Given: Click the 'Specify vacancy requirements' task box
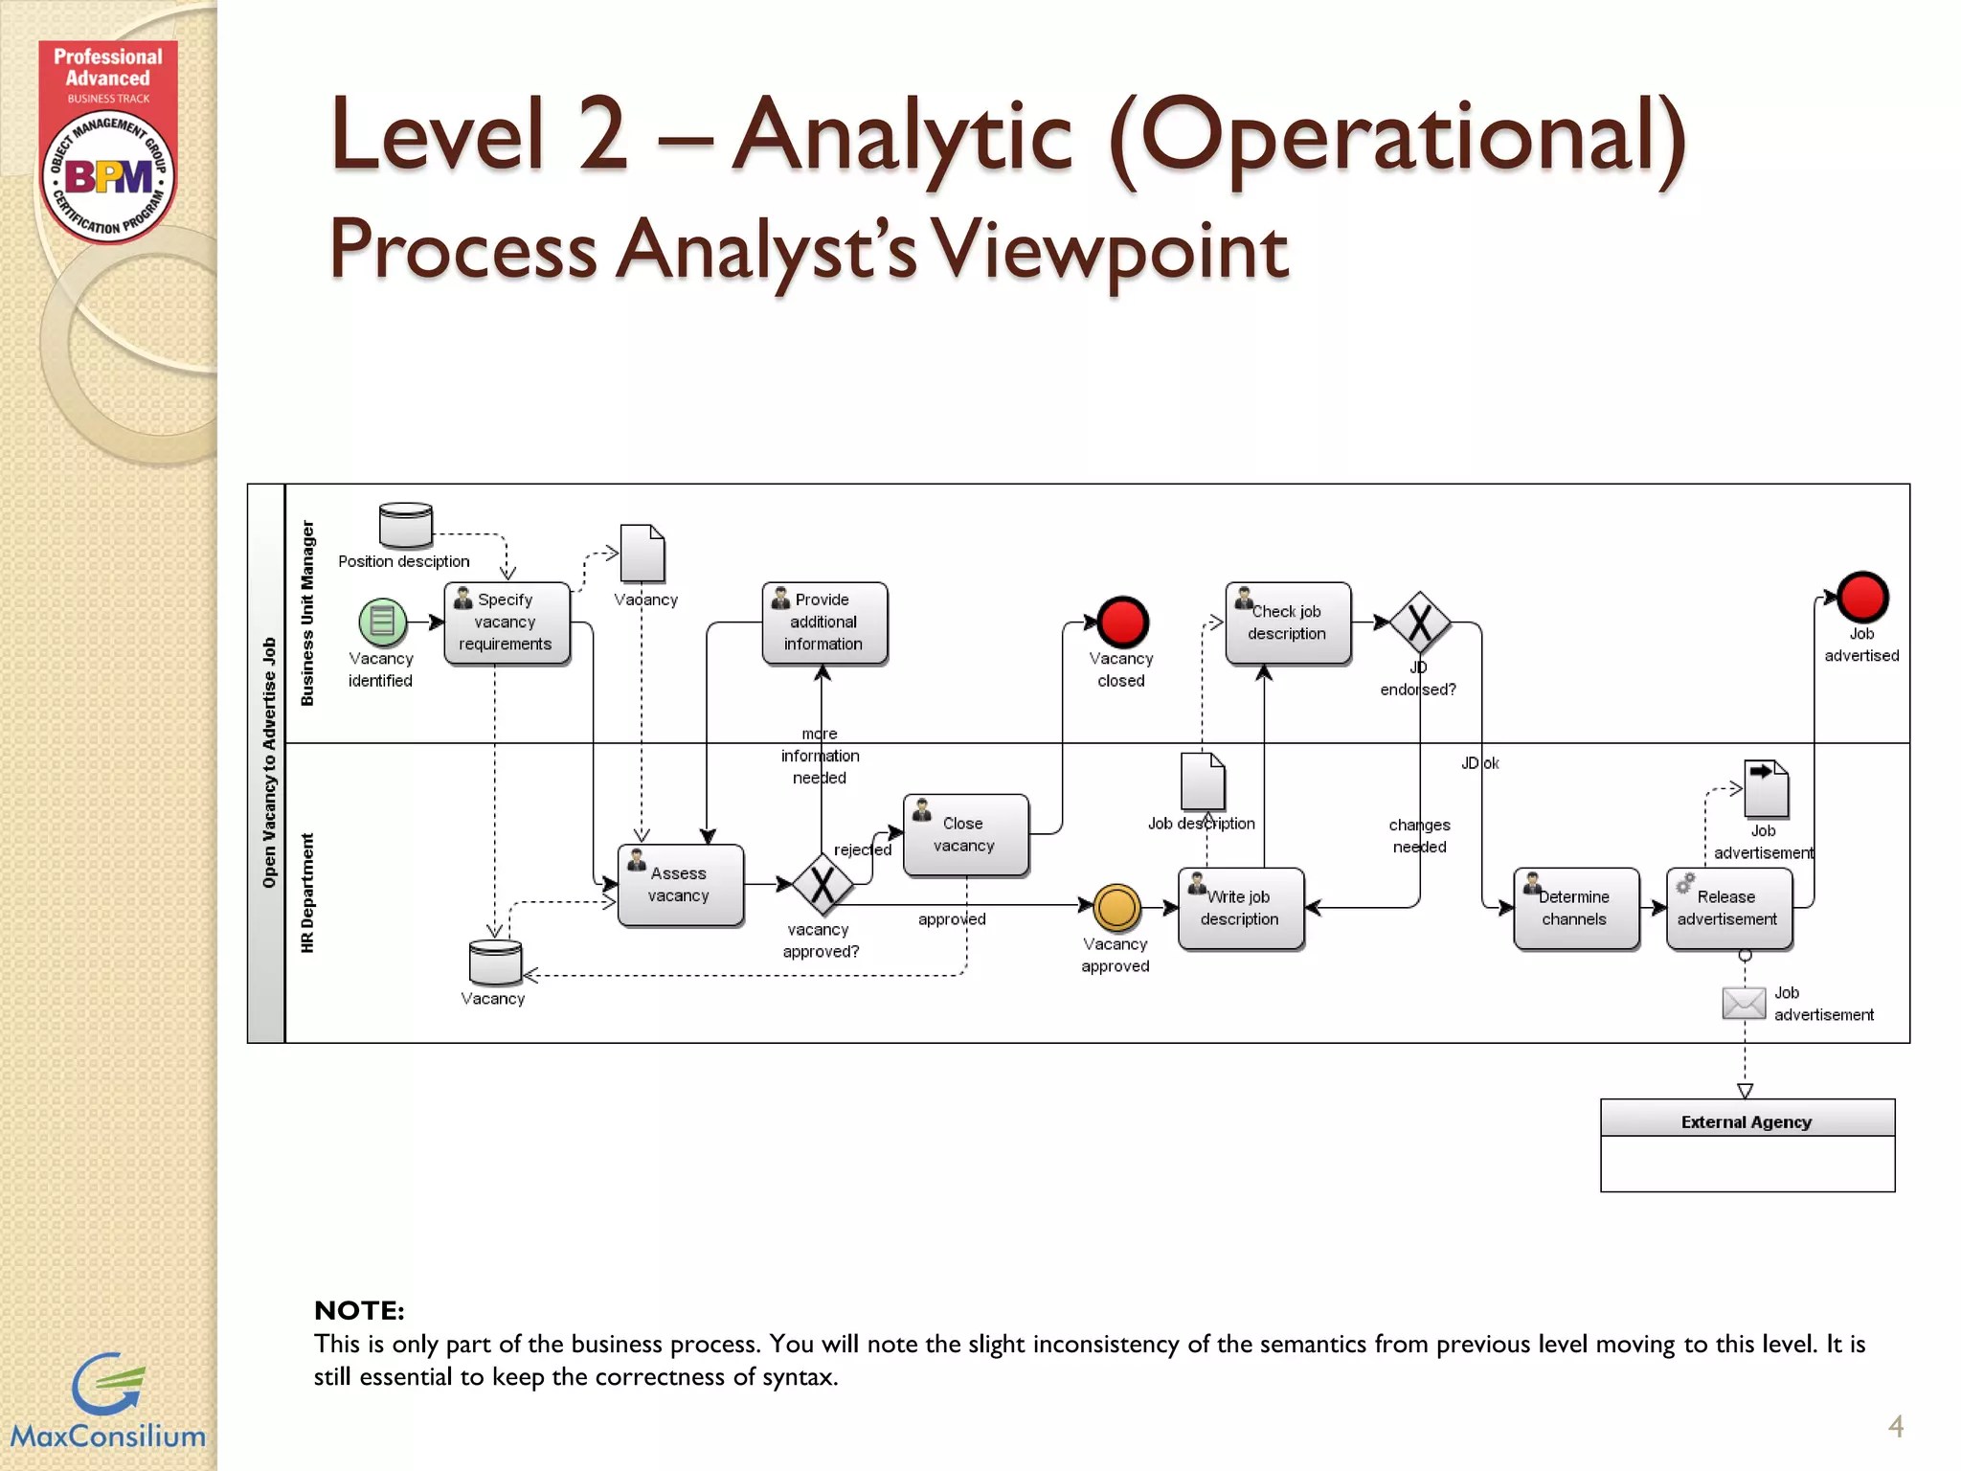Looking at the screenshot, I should pyautogui.click(x=507, y=622).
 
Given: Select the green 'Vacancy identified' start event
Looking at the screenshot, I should pyautogui.click(x=382, y=622).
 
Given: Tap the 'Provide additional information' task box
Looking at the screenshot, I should pyautogui.click(x=824, y=622).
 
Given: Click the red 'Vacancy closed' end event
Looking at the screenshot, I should pyautogui.click(x=1121, y=622).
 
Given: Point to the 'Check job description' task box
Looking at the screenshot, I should pyautogui.click(x=1288, y=622).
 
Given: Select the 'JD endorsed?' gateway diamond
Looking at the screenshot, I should pyautogui.click(x=1419, y=622).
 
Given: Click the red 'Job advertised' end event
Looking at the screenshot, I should pyautogui.click(x=1861, y=598).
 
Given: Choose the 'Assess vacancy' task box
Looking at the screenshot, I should pyautogui.click(x=680, y=885).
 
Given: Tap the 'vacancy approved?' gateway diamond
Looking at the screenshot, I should pyautogui.click(x=822, y=884).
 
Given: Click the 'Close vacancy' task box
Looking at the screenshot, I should pyautogui.click(x=965, y=834).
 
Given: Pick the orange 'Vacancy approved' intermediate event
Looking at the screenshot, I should pyautogui.click(x=1116, y=908).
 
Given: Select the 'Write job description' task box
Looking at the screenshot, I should pyautogui.click(x=1240, y=908).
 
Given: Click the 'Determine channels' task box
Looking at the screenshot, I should pyautogui.click(x=1575, y=908).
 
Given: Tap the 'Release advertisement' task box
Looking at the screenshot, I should pyautogui.click(x=1728, y=908).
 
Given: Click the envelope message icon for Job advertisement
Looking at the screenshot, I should pyautogui.click(x=1743, y=1003).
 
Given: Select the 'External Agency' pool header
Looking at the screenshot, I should pyautogui.click(x=1747, y=1120).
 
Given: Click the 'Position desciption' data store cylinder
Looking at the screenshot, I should pyautogui.click(x=405, y=524).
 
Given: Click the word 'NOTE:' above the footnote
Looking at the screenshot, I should pyautogui.click(x=359, y=1310).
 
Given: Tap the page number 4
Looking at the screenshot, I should pyautogui.click(x=1895, y=1426).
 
